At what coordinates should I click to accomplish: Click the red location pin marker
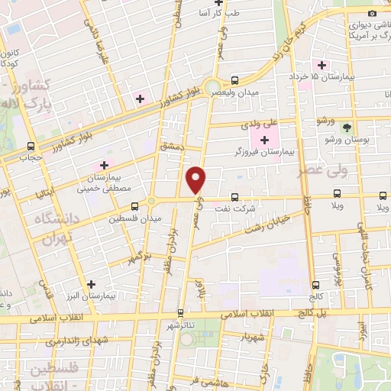click(197, 179)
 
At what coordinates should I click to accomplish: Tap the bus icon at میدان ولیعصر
click(234, 80)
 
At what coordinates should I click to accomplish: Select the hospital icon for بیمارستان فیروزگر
click(265, 140)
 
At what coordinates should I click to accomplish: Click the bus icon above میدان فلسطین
click(134, 205)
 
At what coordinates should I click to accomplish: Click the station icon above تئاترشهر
click(180, 312)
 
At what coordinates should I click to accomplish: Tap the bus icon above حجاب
click(31, 145)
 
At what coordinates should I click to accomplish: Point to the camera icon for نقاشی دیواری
click(372, 13)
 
